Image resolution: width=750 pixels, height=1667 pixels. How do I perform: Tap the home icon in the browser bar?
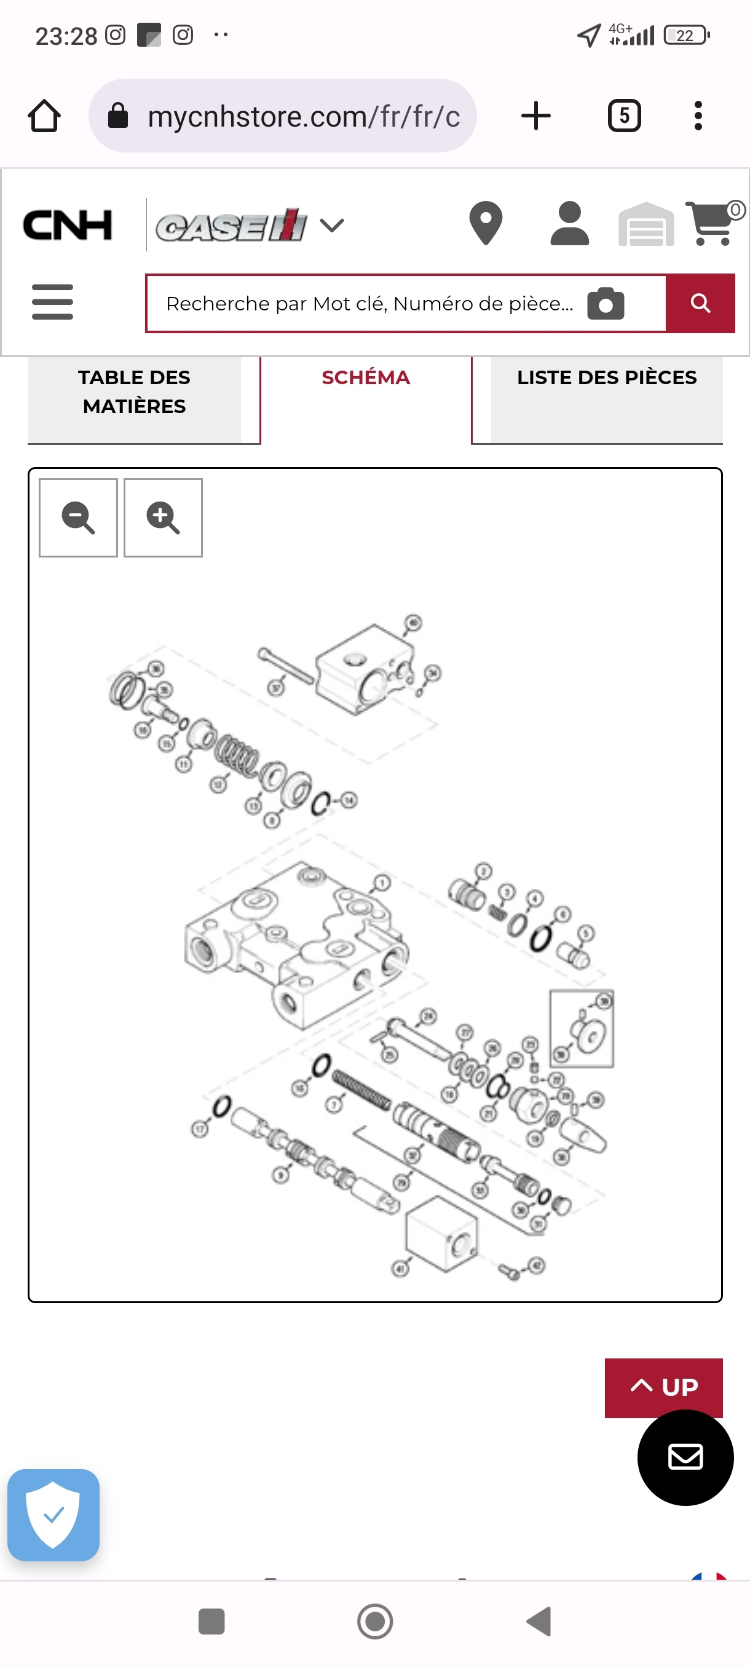44,117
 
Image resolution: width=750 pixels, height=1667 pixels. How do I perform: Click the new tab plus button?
536,117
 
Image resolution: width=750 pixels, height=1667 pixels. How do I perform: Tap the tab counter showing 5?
624,117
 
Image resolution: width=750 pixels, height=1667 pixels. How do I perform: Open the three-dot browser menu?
698,117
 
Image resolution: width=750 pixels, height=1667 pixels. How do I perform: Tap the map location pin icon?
485,224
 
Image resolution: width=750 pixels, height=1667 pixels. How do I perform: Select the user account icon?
569,224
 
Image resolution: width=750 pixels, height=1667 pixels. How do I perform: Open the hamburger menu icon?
52,302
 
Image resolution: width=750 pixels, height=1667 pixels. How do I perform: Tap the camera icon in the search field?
606,304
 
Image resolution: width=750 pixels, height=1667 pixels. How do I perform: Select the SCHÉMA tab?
366,378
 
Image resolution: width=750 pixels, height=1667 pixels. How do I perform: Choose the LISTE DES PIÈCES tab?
606,378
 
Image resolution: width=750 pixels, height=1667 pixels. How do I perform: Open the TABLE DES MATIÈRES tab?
135,392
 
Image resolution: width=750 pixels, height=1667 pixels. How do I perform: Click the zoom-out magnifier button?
78,518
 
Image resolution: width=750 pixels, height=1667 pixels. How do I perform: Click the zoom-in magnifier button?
162,518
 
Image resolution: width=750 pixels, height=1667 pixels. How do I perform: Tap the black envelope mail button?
685,1457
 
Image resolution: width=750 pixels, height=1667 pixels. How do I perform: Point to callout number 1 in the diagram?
382,883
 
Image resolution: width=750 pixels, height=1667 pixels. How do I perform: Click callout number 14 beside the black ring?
349,800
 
